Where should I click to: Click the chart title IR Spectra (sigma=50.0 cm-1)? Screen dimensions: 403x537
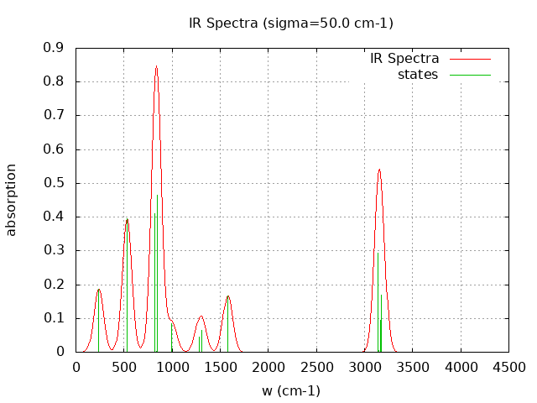[x=291, y=23]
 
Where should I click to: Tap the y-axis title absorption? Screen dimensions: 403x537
[x=12, y=200]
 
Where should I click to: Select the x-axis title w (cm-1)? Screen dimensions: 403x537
[x=291, y=390]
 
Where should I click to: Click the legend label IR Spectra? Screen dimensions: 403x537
[x=404, y=59]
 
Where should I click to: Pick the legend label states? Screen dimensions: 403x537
[x=418, y=75]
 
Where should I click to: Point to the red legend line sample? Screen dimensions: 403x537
[x=470, y=59]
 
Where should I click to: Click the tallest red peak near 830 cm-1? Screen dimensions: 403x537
[x=156, y=66]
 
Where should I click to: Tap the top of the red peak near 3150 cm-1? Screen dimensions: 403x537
[x=379, y=170]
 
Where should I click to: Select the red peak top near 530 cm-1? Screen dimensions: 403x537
[x=127, y=220]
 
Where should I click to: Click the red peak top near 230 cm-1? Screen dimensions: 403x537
[x=99, y=290]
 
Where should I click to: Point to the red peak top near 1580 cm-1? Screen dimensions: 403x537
[x=227, y=296]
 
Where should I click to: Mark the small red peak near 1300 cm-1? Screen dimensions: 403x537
[x=201, y=317]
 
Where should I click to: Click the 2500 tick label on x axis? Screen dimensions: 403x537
[x=316, y=367]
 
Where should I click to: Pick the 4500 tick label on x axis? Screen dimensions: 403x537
[x=508, y=367]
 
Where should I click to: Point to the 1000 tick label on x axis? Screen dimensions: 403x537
[x=172, y=367]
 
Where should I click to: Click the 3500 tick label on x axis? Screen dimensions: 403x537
[x=412, y=367]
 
